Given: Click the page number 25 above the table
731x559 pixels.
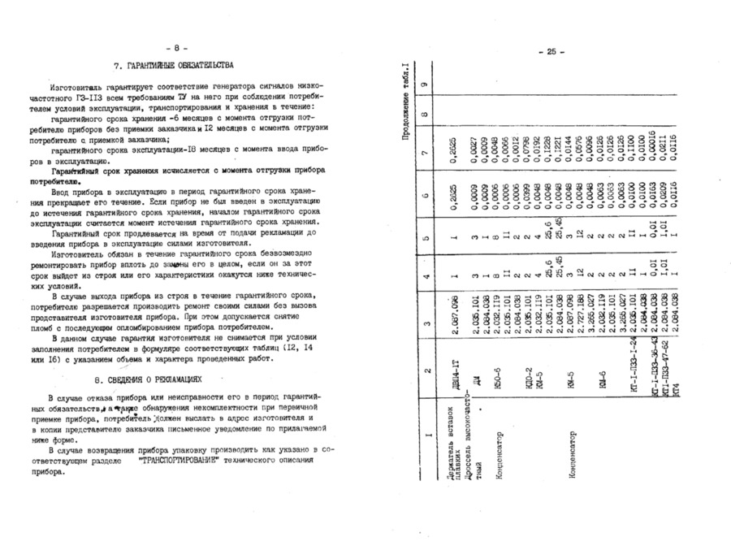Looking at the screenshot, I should (550, 53).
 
